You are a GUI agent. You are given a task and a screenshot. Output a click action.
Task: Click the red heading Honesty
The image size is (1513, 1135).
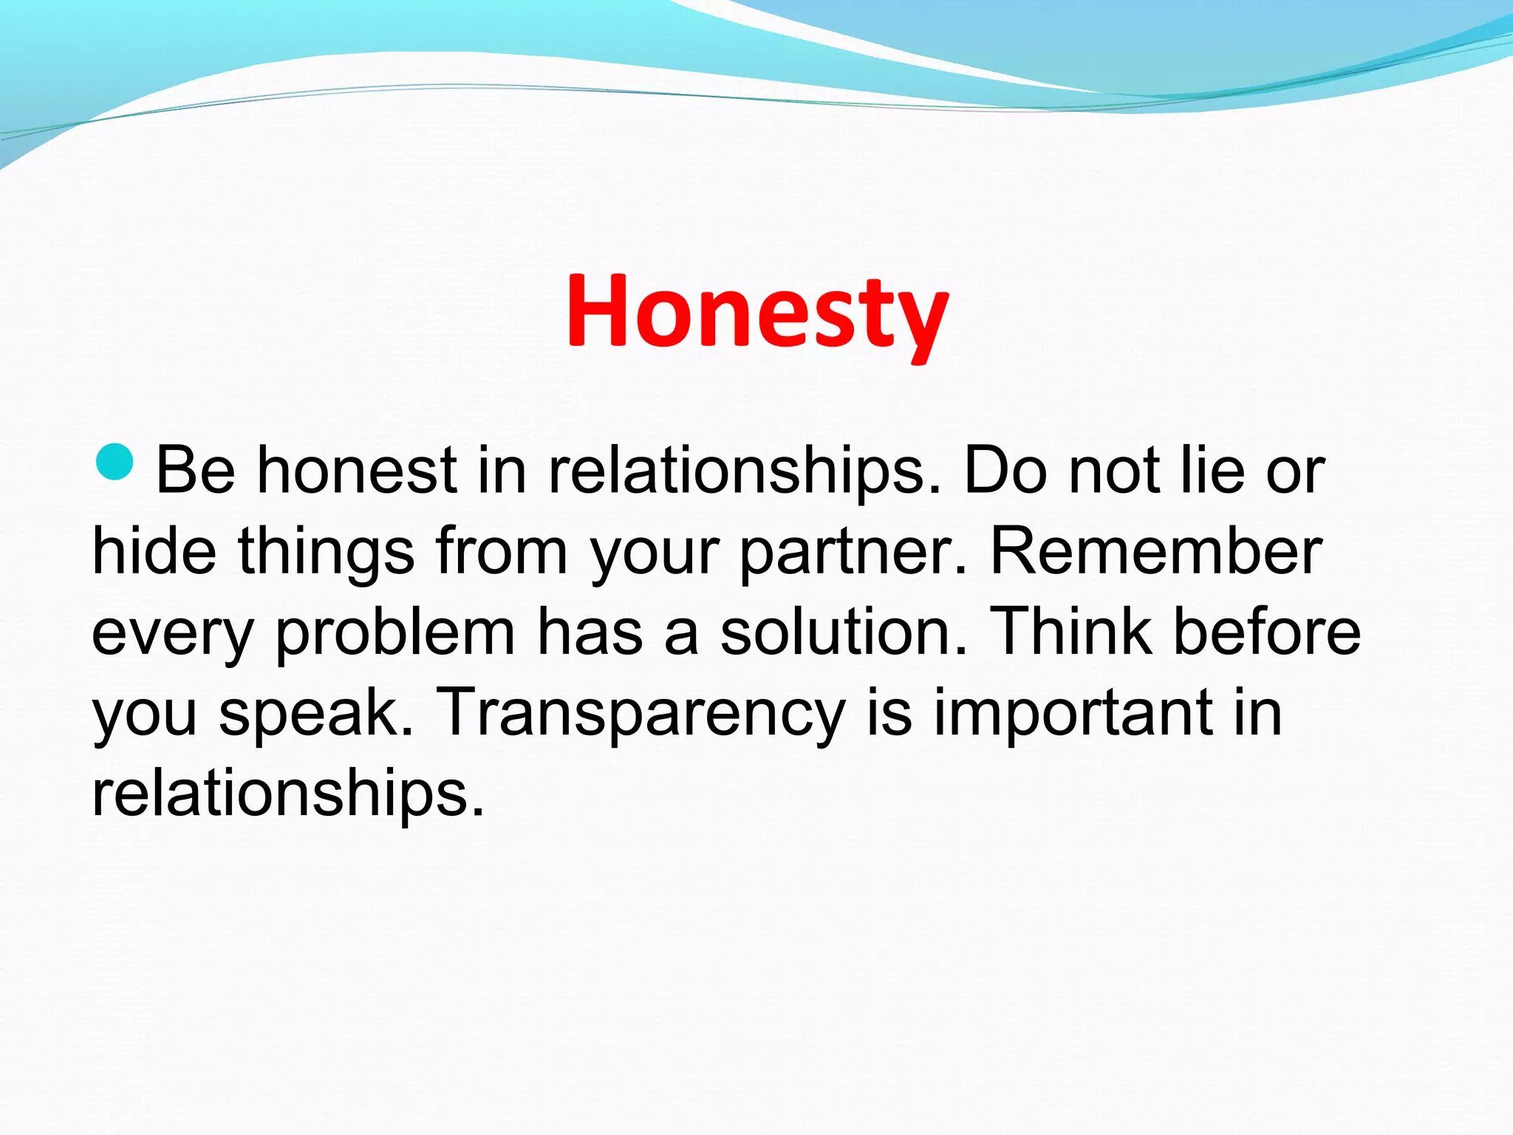(756, 312)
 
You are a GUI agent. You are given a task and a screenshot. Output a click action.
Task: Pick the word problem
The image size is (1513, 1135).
(395, 634)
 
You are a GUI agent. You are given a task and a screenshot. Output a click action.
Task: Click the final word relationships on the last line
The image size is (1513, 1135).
(287, 795)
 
